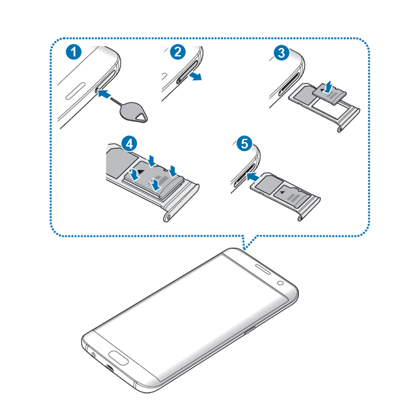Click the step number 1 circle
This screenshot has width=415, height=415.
tap(74, 52)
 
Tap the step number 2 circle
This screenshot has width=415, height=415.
tap(178, 52)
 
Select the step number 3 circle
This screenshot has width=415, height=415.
tap(281, 53)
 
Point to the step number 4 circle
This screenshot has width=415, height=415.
tap(129, 144)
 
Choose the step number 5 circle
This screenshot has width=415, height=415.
tap(244, 144)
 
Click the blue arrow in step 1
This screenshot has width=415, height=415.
tap(104, 93)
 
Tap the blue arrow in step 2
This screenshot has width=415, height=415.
tap(195, 77)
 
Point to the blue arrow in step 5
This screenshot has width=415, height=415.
tap(252, 176)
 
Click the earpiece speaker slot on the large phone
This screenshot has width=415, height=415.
tap(263, 268)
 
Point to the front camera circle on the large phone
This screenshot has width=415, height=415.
tap(281, 283)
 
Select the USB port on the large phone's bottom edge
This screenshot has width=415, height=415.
tap(110, 368)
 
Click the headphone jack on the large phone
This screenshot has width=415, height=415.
tap(93, 355)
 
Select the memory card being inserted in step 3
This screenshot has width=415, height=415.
tap(329, 93)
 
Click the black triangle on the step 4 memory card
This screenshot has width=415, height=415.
tap(140, 172)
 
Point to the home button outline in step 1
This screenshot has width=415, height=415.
tap(75, 91)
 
